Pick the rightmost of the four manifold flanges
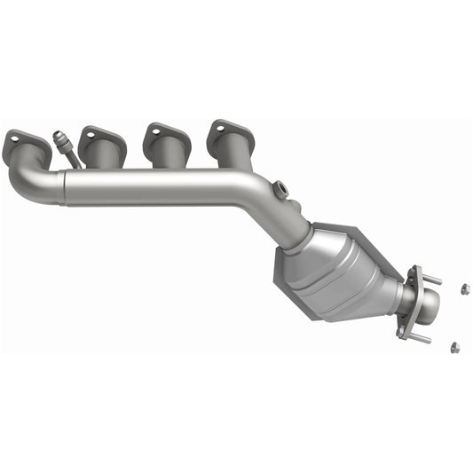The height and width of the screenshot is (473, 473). pos(231,135)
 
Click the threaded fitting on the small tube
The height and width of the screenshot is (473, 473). pos(61,140)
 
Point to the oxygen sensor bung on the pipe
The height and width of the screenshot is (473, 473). pos(280,188)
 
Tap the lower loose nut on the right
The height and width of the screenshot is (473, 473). pos(453,346)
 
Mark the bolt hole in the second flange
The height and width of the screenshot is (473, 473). pos(90,135)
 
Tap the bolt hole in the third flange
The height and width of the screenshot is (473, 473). pos(156,132)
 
